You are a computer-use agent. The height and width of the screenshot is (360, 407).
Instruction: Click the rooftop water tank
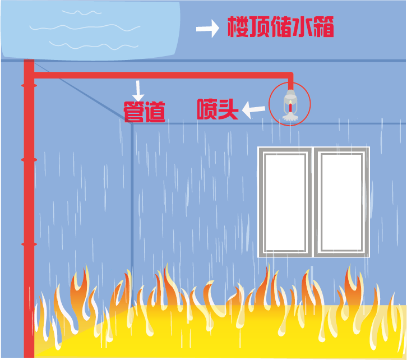click(90, 29)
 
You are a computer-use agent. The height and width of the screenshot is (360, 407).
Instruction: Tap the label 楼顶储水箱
click(280, 27)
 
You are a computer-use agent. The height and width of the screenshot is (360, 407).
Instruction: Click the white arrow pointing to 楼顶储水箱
click(207, 29)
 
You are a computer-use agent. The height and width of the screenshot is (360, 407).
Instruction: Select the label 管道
click(144, 111)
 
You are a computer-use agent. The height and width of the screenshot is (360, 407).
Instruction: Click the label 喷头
click(218, 109)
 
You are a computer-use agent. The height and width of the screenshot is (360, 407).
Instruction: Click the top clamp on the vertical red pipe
click(29, 86)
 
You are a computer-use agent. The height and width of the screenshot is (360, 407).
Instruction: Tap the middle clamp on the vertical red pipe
click(29, 160)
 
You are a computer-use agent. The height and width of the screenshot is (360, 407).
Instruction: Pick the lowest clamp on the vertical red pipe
click(29, 244)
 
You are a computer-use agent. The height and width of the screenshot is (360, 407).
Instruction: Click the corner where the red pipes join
click(29, 75)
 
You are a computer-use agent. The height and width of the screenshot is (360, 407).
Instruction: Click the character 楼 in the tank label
click(238, 27)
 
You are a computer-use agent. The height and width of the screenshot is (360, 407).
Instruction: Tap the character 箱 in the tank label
click(323, 27)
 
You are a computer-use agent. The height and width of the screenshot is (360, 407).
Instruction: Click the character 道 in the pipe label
click(155, 111)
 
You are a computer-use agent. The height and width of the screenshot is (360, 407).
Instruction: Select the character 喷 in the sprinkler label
click(207, 109)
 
